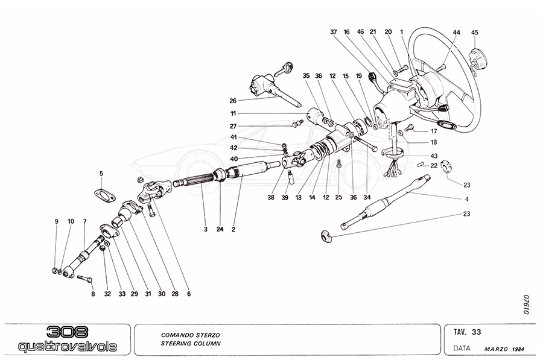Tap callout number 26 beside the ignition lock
[x=233, y=101]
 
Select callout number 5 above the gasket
[x=101, y=174]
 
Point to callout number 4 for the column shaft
[x=466, y=200]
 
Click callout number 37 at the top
[x=333, y=32]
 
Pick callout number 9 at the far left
[x=57, y=222]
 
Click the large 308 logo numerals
[x=67, y=332]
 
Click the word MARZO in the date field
[x=496, y=349]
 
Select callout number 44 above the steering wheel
[x=456, y=32]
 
